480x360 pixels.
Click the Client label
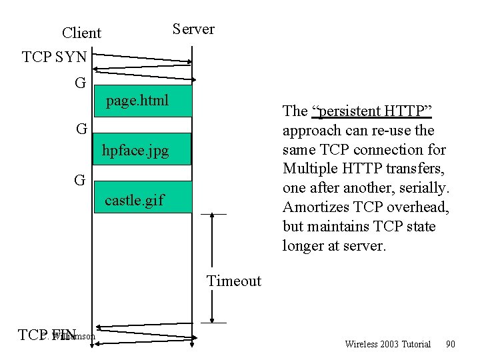click(81, 33)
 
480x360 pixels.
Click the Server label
click(193, 29)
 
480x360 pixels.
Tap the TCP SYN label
click(54, 57)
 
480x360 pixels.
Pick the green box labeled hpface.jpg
click(143, 149)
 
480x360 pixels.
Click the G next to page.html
click(81, 83)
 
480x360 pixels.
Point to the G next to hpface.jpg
click(81, 129)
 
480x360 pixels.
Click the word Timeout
click(234, 281)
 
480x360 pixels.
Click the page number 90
click(450, 344)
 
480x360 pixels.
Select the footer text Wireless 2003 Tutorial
click(387, 344)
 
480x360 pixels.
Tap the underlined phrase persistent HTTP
click(363, 111)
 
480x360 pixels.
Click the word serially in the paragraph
click(423, 188)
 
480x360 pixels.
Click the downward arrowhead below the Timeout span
click(213, 319)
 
